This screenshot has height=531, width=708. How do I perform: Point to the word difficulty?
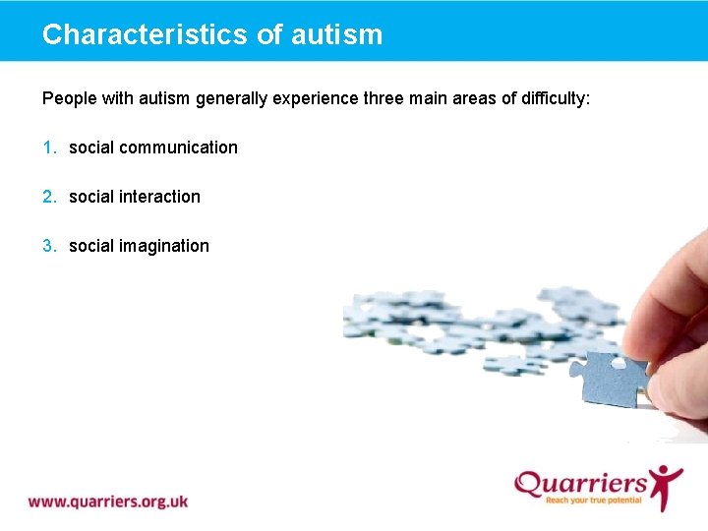tap(554, 98)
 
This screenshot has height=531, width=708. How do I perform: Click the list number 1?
tap(49, 147)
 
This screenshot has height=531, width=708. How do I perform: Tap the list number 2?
tap(49, 197)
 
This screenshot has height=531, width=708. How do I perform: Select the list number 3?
tap(49, 246)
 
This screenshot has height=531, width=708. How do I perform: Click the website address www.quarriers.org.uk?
tap(108, 501)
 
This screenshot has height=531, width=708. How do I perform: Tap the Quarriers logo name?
tap(580, 483)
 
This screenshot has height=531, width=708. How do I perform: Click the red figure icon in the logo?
tap(666, 485)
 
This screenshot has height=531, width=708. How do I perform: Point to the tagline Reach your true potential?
tap(594, 501)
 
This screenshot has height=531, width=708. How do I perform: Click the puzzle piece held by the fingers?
tap(616, 380)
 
